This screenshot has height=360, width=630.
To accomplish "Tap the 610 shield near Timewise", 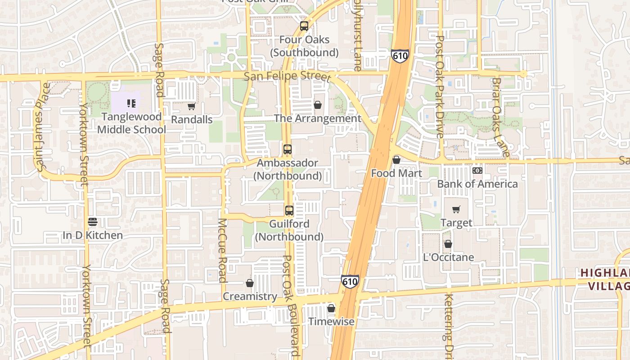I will point(350,282).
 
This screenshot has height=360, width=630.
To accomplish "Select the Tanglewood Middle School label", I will point(131,123).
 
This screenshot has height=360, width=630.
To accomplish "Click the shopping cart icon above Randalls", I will point(191,107).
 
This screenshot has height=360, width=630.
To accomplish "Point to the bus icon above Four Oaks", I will point(304,26).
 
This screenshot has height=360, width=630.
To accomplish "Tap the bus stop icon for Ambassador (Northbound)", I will point(287,149).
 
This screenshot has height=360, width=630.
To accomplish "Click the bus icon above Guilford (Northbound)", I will point(289,210).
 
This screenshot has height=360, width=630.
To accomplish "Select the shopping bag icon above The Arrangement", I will point(318,105).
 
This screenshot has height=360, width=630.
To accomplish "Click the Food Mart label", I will point(396,173).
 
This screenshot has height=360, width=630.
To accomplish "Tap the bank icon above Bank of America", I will point(477,171).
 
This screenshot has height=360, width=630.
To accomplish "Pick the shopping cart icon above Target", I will point(456,209).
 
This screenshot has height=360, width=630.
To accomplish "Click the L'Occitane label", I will point(449,257).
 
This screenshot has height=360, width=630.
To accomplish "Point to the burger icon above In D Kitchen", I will point(93,221).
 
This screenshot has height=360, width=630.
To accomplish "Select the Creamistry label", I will point(250,296).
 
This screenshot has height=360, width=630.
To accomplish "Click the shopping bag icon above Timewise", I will point(331,308).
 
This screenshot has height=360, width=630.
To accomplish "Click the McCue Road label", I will point(222,250).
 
